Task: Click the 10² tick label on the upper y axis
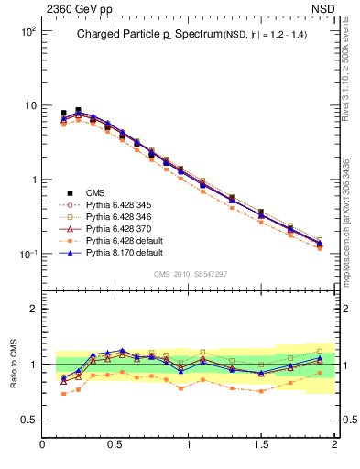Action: [x=27, y=31]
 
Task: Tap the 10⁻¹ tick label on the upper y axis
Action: [x=27, y=254]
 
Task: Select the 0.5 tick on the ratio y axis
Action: [x=29, y=420]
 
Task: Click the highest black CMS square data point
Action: [x=78, y=110]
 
